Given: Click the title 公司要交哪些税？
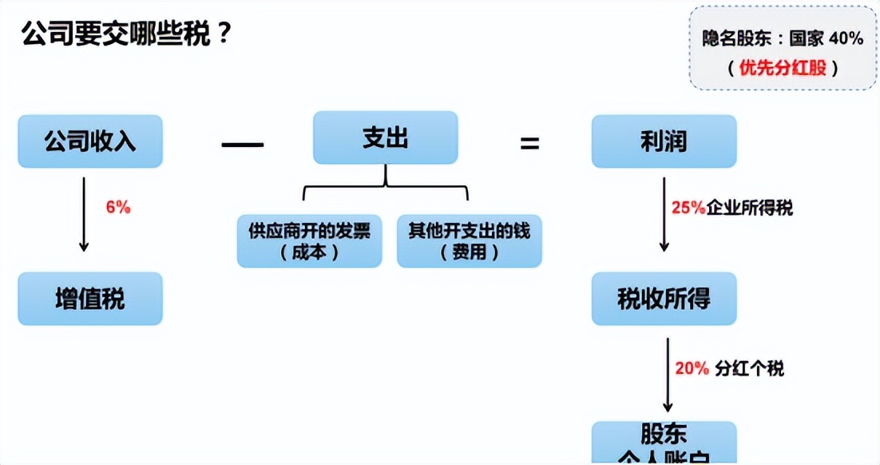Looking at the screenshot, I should [126, 34].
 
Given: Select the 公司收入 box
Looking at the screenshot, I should [90, 141].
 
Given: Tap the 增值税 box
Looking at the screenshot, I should [90, 299].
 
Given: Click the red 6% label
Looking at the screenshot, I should [117, 207].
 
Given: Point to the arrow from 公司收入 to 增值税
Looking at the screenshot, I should [83, 215].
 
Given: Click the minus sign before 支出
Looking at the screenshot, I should [242, 145].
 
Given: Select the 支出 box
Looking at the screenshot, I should [385, 138].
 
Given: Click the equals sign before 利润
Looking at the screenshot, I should [529, 145].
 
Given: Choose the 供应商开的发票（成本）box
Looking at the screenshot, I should [309, 240].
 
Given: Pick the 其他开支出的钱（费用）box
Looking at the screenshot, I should [470, 240].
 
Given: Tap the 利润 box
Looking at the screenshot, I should [664, 141].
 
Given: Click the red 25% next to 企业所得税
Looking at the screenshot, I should [688, 208].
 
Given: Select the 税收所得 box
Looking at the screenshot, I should [664, 299].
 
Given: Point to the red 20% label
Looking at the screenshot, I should [692, 368].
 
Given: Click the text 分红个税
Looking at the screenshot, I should [750, 368].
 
